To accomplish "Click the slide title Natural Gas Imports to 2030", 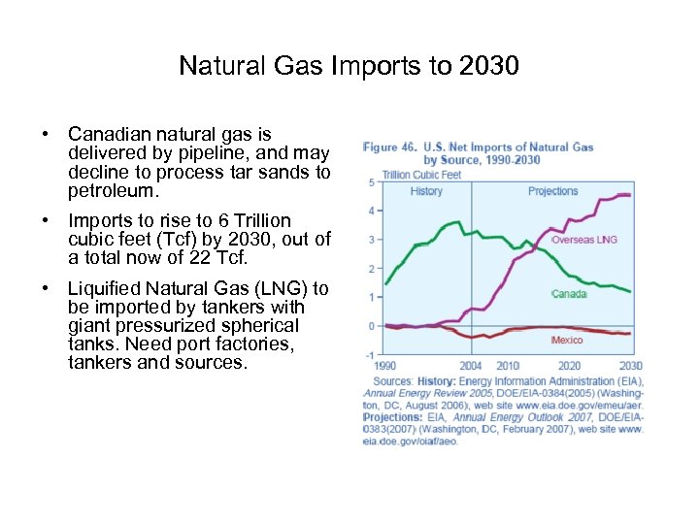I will [349, 66].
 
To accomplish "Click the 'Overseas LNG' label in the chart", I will [584, 240].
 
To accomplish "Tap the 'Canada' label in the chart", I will [569, 293].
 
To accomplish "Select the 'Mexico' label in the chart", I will [567, 341].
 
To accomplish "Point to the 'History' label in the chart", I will [426, 191].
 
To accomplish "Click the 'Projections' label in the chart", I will [552, 191].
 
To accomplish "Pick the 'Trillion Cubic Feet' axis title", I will [421, 175].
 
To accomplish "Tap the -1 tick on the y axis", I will [370, 355].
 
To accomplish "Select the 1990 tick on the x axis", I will [385, 366].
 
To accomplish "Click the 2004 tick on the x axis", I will [470, 366].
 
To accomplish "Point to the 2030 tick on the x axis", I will [631, 366].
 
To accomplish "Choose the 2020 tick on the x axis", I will [570, 366].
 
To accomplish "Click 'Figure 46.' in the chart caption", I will [390, 147].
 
